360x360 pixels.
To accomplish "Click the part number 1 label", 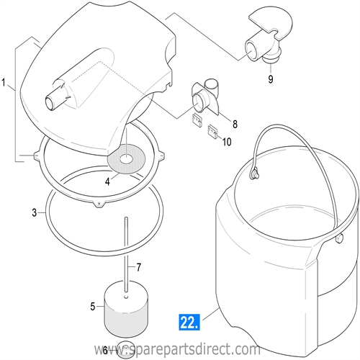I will (x=6, y=85).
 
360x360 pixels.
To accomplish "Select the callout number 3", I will (x=34, y=212).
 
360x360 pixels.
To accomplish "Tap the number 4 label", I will (x=107, y=182).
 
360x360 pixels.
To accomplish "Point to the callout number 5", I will (x=92, y=307).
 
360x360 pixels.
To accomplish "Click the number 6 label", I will (x=105, y=350).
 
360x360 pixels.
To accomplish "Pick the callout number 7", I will (x=139, y=268).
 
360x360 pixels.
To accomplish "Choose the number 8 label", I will (x=235, y=125).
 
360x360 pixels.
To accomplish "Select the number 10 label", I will (x=226, y=142).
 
